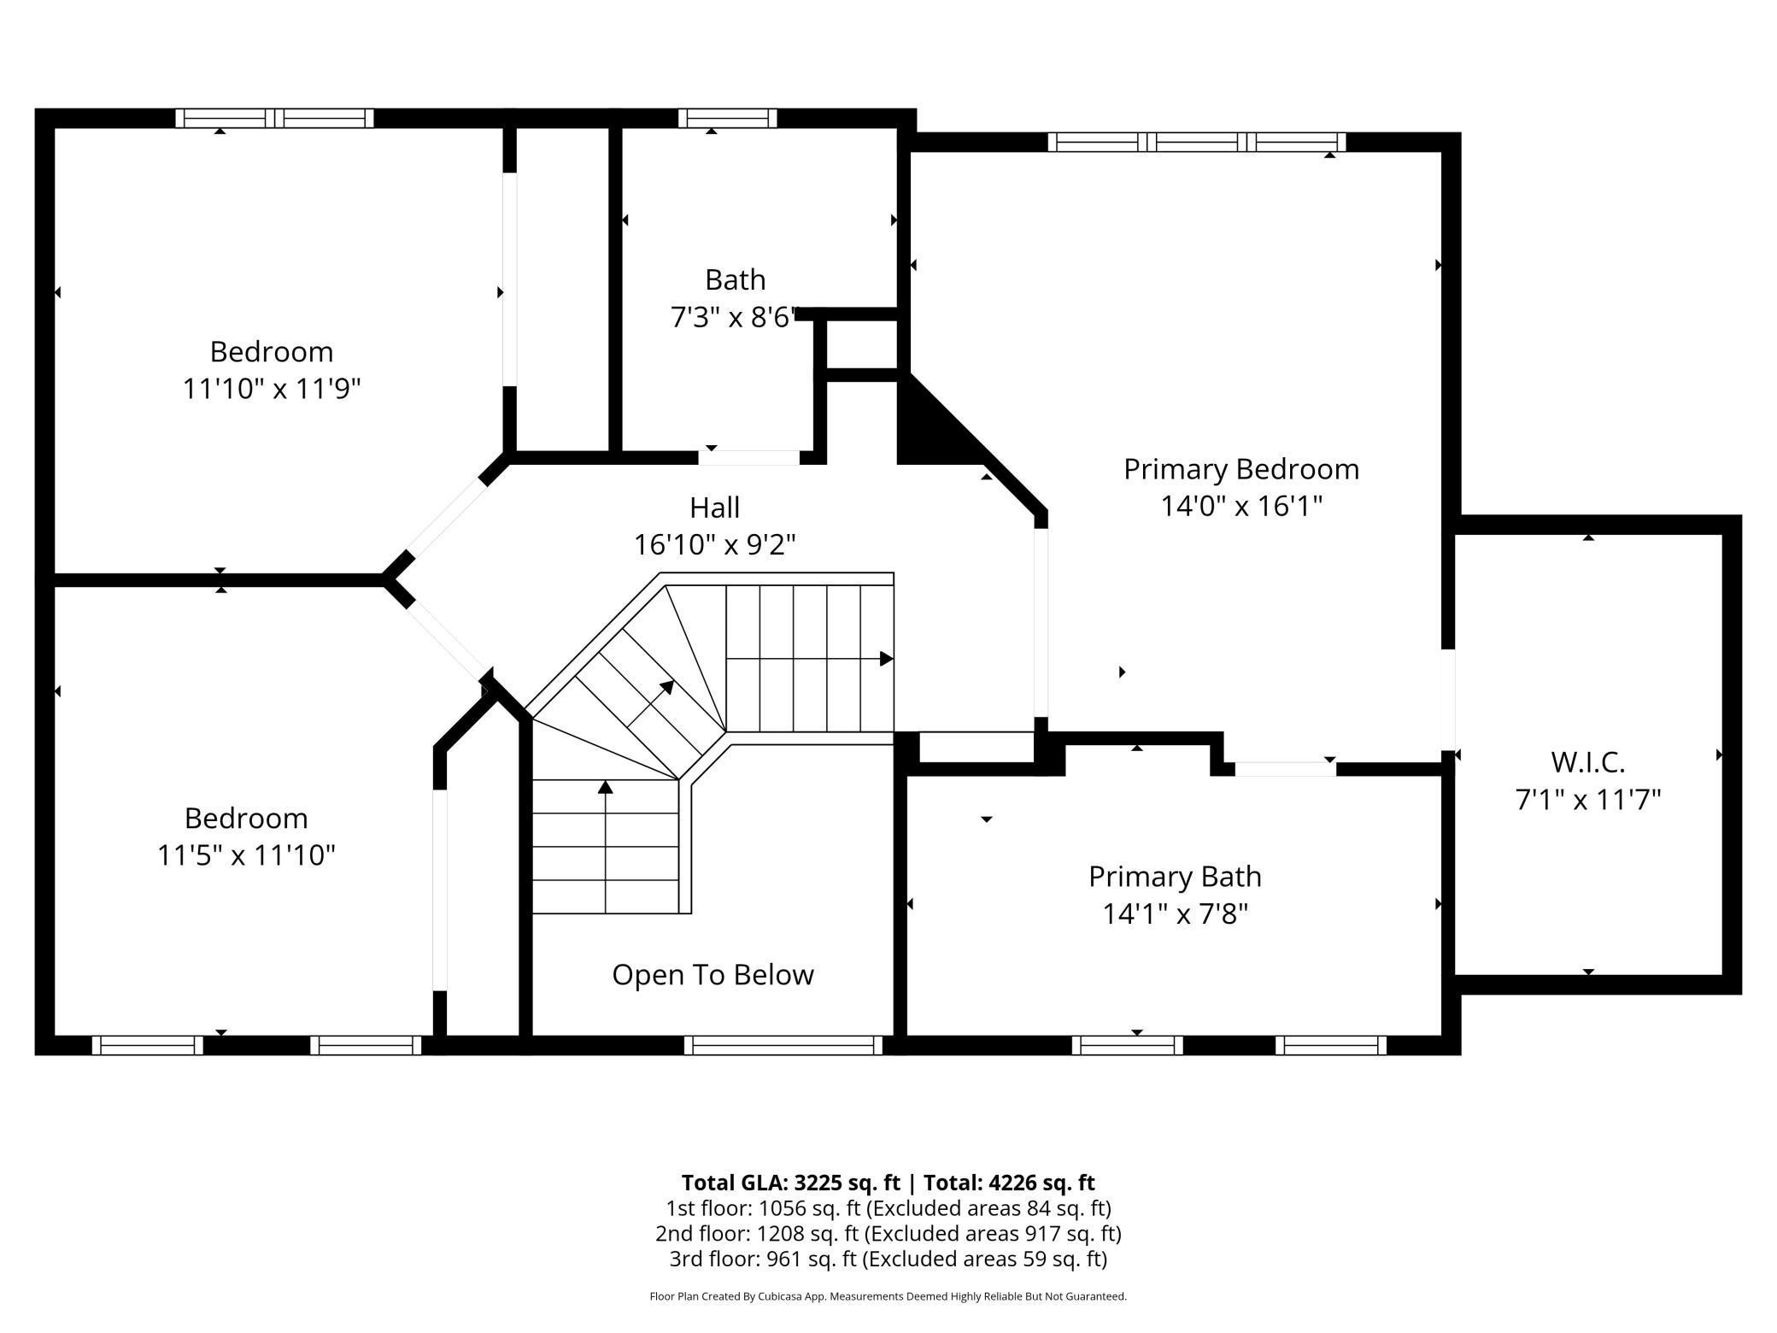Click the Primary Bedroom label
click(x=1240, y=469)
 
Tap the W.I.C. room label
click(x=1587, y=761)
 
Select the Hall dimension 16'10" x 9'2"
click(x=714, y=544)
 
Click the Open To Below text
click(x=713, y=975)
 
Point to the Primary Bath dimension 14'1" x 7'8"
click(x=1175, y=914)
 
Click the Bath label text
click(x=735, y=280)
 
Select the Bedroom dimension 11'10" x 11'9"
click(x=272, y=389)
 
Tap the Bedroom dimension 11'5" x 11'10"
click(x=246, y=854)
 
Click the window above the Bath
click(x=728, y=118)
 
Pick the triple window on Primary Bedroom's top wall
click(x=1196, y=142)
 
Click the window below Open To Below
click(x=783, y=1045)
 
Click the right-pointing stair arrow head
click(x=887, y=659)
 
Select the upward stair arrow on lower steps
click(x=606, y=788)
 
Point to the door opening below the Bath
click(x=749, y=458)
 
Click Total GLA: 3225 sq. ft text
click(x=790, y=1183)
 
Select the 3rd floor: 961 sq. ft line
click(x=888, y=1259)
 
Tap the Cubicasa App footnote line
click(x=888, y=1296)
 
